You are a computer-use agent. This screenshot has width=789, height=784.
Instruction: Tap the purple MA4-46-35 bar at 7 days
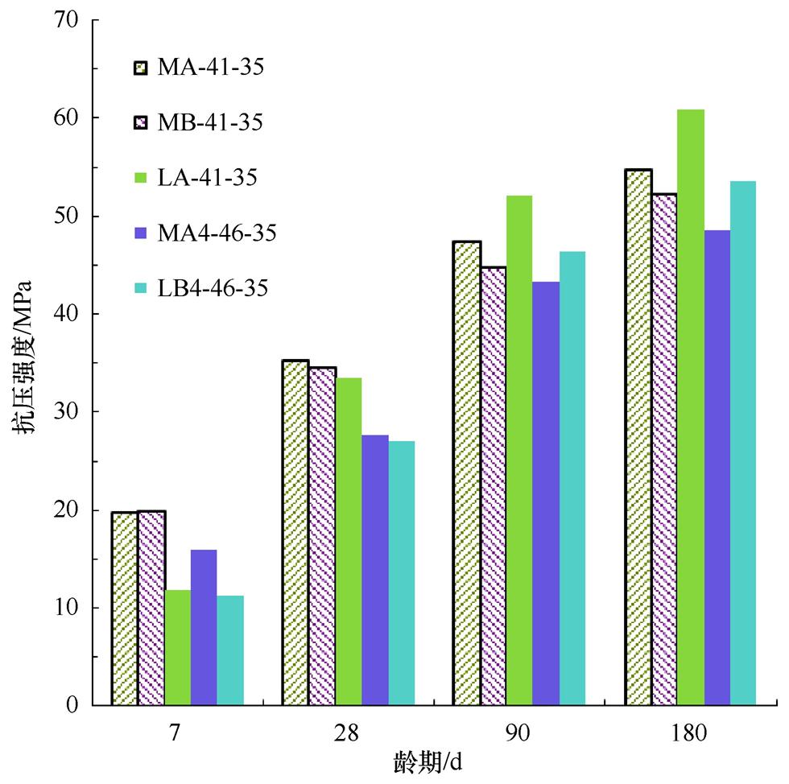click(x=204, y=628)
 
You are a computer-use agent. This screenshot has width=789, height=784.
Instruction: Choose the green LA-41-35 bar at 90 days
click(x=519, y=451)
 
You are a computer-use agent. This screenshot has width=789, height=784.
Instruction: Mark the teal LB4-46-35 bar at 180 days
click(x=743, y=444)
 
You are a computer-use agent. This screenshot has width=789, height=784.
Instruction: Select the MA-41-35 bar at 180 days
click(x=638, y=438)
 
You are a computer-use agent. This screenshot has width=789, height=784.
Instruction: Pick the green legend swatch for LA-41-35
click(x=141, y=178)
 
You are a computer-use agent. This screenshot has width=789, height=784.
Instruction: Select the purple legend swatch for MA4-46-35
click(x=141, y=233)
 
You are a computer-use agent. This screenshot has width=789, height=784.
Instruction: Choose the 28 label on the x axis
click(x=348, y=733)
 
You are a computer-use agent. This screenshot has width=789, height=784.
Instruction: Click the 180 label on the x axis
click(x=690, y=733)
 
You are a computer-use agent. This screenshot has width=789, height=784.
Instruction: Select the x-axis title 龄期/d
click(x=428, y=761)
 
